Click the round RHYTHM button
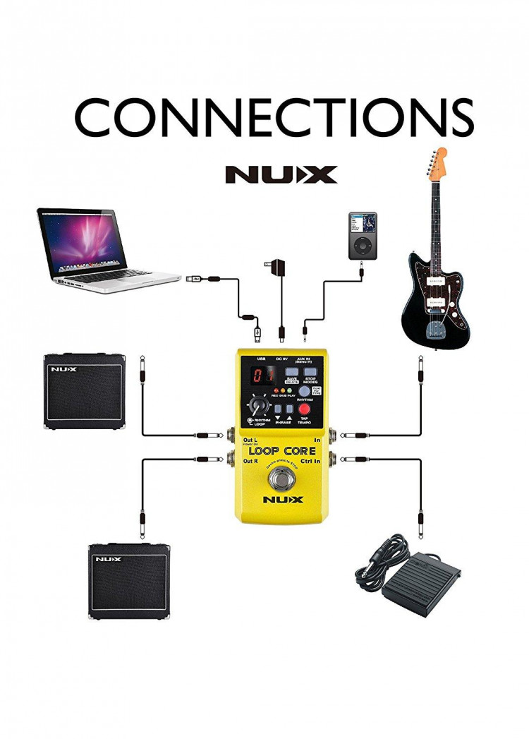pos(304,391)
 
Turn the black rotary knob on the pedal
pos(257,407)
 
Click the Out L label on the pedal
pos(250,440)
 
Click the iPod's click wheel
pos(362,245)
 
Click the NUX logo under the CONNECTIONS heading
pos(281,174)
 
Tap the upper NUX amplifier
pos(85,392)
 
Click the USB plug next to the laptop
pos(197,280)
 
